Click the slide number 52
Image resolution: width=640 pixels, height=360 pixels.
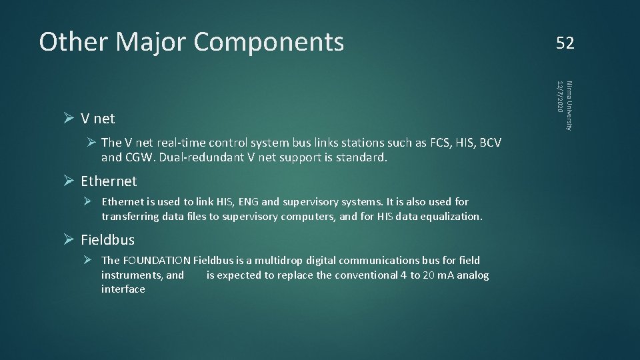[x=565, y=43]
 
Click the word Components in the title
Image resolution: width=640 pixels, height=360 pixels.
[x=269, y=42]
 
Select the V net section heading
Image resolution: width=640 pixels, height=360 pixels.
[x=97, y=119]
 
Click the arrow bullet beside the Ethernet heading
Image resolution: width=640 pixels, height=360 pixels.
[x=68, y=181]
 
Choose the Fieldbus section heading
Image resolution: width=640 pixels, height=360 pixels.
[x=107, y=239]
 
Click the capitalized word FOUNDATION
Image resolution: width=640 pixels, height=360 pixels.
[x=157, y=261]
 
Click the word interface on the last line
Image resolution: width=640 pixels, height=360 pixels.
[x=123, y=289]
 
